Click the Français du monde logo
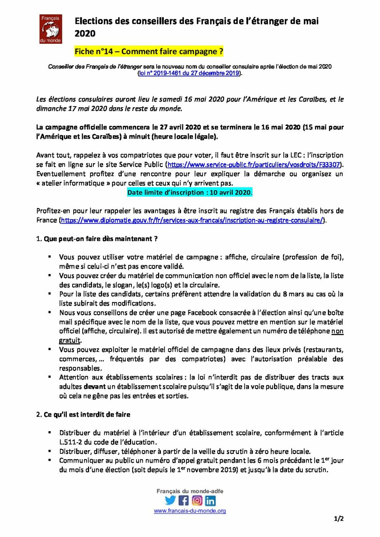(x=50, y=29)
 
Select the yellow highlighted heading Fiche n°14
(x=149, y=51)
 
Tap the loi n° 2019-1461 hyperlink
(x=189, y=73)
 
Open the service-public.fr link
(x=254, y=165)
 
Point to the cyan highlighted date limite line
(x=190, y=192)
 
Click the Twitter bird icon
(x=170, y=501)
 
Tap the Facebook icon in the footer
(x=184, y=501)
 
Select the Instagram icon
(x=197, y=501)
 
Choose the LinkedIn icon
(x=210, y=501)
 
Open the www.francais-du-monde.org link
(x=190, y=511)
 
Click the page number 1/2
(x=339, y=519)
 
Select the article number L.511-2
(x=71, y=442)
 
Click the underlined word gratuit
(x=70, y=340)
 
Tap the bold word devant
(x=94, y=387)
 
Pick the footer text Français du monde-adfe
(x=190, y=491)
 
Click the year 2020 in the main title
(x=85, y=34)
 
